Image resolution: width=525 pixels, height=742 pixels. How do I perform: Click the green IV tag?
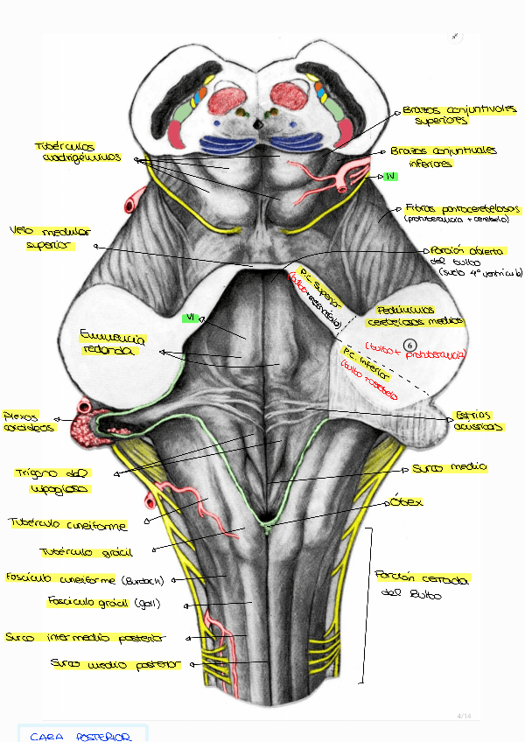tap(391, 176)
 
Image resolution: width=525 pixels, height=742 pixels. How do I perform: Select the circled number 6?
tap(411, 345)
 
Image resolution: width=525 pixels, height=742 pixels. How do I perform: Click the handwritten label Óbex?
tap(407, 501)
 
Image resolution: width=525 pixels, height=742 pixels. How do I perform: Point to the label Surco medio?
tap(449, 468)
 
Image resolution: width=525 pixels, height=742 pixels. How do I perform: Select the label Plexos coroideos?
tap(28, 422)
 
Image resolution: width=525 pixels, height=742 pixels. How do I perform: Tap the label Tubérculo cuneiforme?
tap(68, 525)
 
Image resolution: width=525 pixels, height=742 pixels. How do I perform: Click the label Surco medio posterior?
tap(115, 664)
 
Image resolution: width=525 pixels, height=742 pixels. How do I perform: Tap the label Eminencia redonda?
tap(111, 342)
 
